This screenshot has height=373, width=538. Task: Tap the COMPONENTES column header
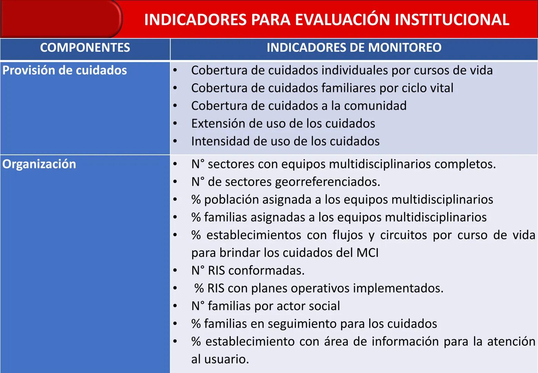point(85,48)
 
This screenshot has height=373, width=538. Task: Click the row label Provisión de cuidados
point(65,70)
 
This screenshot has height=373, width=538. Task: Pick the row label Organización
point(39,164)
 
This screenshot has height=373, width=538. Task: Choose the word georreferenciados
point(327,182)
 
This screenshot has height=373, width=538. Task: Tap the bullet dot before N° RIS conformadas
point(175,270)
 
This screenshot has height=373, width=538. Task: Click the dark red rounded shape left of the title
point(61,19)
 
